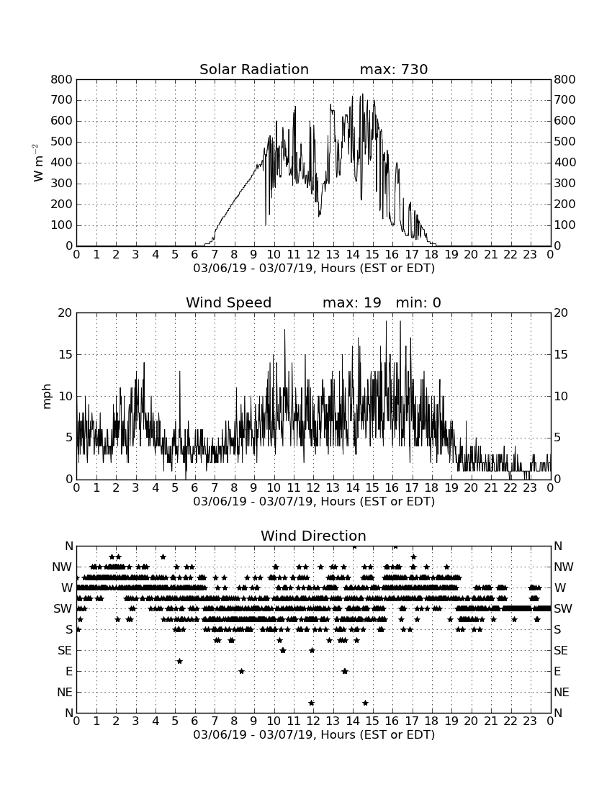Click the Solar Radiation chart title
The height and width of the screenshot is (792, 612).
point(254,69)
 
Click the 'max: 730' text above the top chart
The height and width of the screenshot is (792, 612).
point(394,69)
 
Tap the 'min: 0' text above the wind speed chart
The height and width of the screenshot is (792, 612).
point(418,302)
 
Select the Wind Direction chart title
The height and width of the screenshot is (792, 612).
point(313,536)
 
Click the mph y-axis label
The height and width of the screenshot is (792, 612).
point(47,397)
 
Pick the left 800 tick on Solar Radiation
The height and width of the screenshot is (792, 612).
point(62,79)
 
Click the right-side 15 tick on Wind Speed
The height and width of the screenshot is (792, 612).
point(560,354)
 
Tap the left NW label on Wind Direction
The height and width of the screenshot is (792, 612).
point(62,567)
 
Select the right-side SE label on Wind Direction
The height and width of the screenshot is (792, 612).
point(561,651)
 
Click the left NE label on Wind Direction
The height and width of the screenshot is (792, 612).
point(65,693)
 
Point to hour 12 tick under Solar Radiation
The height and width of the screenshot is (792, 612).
point(313,254)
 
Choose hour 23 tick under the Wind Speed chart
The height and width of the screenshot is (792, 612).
point(530,487)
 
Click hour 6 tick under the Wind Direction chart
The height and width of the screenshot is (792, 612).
point(195,721)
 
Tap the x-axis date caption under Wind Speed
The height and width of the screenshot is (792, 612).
point(314,502)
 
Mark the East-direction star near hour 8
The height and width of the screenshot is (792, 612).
point(241,671)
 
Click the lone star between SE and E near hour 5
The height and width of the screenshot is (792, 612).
point(179,661)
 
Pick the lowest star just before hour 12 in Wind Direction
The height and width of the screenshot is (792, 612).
point(311,703)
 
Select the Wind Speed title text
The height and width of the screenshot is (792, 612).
point(229,302)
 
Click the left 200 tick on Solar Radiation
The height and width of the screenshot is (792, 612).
point(62,204)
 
